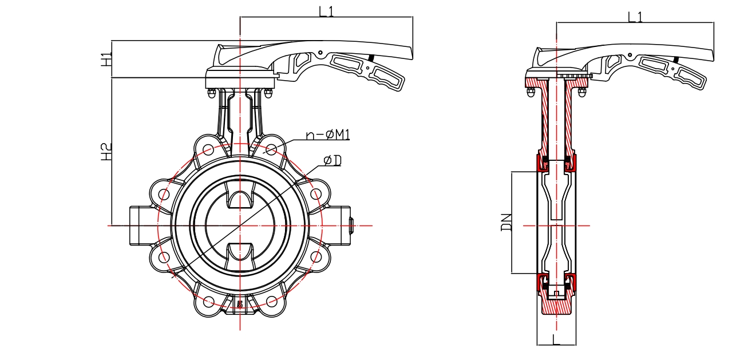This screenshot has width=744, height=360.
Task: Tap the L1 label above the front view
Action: pos(327,11)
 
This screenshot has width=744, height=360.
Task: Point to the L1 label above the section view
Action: pos(635,17)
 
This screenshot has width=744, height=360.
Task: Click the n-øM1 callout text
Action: pos(328,135)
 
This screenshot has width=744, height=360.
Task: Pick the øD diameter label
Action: pos(332,161)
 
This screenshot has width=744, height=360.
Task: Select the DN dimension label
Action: pos(506,222)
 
